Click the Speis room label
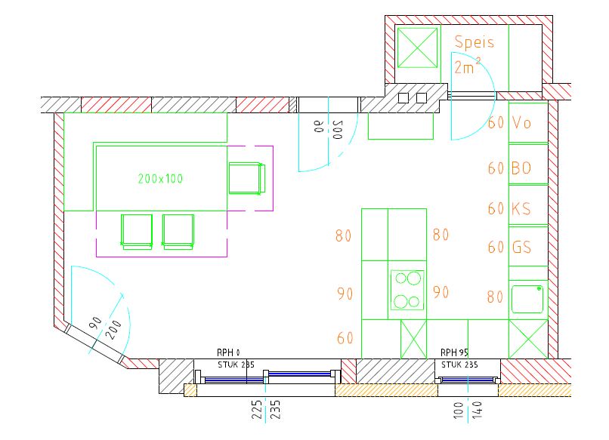475,42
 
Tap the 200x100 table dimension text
160,178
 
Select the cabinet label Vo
521,123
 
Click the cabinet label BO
521,168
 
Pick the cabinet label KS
521,209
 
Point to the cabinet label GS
521,247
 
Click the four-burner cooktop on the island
407,290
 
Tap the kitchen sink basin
527,299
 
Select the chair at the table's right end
247,178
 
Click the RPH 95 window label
454,352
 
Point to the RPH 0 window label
228,352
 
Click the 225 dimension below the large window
257,410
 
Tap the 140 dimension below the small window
477,411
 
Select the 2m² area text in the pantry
468,66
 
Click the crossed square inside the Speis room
418,48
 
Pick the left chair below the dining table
137,232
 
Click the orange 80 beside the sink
495,297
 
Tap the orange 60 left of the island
345,338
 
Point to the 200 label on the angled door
116,330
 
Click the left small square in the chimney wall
403,98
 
